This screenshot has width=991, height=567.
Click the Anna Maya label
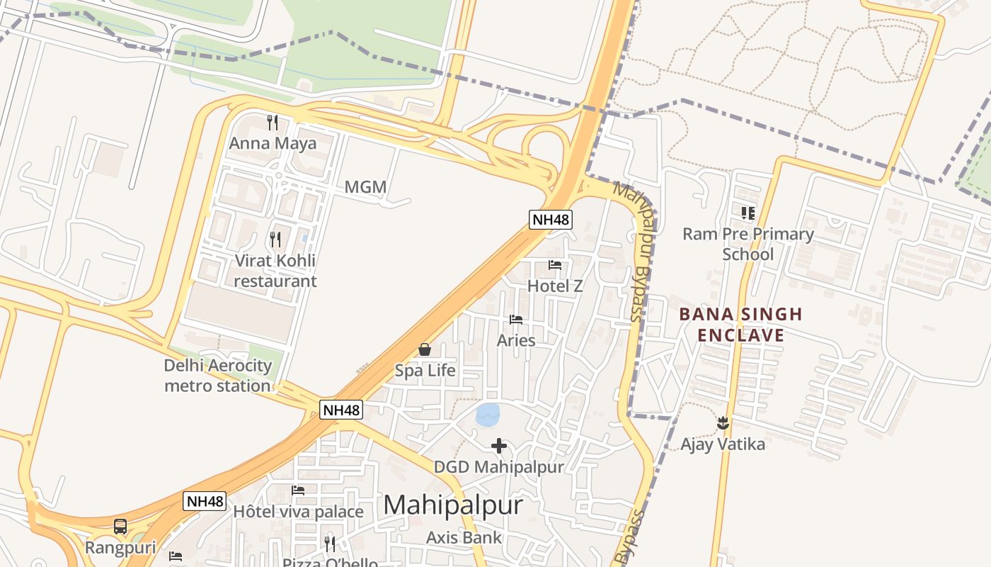click(x=273, y=143)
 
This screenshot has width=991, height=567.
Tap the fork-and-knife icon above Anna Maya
click(x=273, y=123)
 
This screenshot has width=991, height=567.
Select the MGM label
click(x=365, y=187)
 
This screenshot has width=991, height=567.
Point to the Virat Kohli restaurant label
click(x=275, y=271)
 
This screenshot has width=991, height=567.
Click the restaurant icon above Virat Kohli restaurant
click(x=275, y=240)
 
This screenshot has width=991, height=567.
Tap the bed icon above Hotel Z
click(x=555, y=265)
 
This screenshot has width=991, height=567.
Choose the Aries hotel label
click(x=516, y=340)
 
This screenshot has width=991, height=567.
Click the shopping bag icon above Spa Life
click(x=425, y=349)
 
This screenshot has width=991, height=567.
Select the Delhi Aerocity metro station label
click(x=218, y=376)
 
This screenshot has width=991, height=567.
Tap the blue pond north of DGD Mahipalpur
click(x=488, y=414)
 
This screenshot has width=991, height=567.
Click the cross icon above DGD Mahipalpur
click(x=499, y=446)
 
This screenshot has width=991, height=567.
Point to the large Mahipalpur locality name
click(x=453, y=505)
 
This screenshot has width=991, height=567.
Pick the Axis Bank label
click(x=464, y=538)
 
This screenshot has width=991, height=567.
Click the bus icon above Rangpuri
click(x=120, y=527)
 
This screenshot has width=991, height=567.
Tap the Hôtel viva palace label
click(x=298, y=512)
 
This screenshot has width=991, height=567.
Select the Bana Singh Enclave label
click(x=740, y=325)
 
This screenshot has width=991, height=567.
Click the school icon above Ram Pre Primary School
click(x=748, y=213)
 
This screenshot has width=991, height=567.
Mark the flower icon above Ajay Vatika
click(x=723, y=423)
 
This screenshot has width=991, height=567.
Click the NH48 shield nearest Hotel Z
click(x=550, y=220)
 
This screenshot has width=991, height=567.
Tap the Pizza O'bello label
click(x=330, y=562)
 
